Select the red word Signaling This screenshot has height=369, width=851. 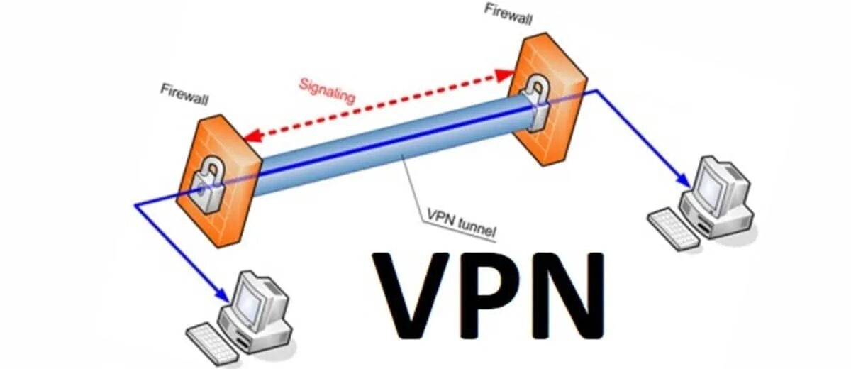click(328, 89)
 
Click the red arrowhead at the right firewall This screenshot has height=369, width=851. click(506, 73)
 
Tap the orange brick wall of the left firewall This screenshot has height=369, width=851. click(227, 220)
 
